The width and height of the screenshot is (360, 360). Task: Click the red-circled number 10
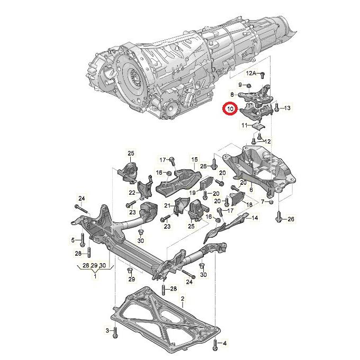(230, 109)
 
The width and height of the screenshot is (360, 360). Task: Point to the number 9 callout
(240, 85)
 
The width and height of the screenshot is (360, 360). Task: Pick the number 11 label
(244, 125)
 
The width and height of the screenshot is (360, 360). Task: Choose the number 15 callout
(194, 159)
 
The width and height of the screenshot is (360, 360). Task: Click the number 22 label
(132, 192)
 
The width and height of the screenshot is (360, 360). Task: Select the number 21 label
(166, 205)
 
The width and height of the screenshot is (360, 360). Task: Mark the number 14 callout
(254, 218)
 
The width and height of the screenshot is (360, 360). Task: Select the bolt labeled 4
(215, 344)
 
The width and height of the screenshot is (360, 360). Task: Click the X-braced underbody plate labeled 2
(164, 318)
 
